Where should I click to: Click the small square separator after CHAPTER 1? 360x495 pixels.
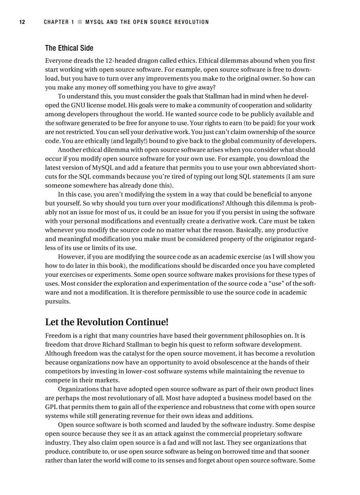pos(80,22)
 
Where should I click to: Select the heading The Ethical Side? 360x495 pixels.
pos(69,48)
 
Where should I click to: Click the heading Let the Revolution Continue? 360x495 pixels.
pos(107,322)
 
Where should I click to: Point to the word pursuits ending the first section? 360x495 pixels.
pos(57,301)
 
